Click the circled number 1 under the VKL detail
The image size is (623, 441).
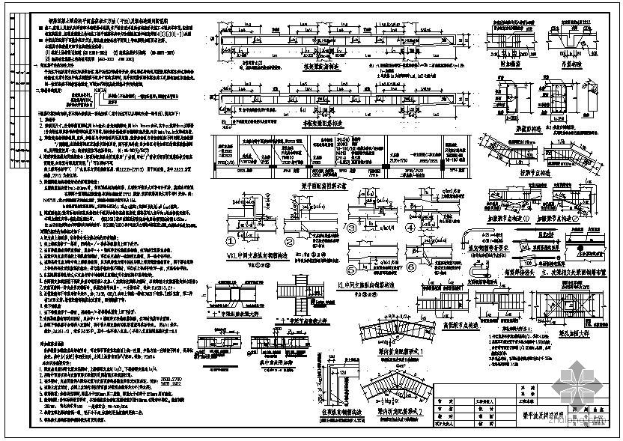pyautogui.click(x=231, y=241)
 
